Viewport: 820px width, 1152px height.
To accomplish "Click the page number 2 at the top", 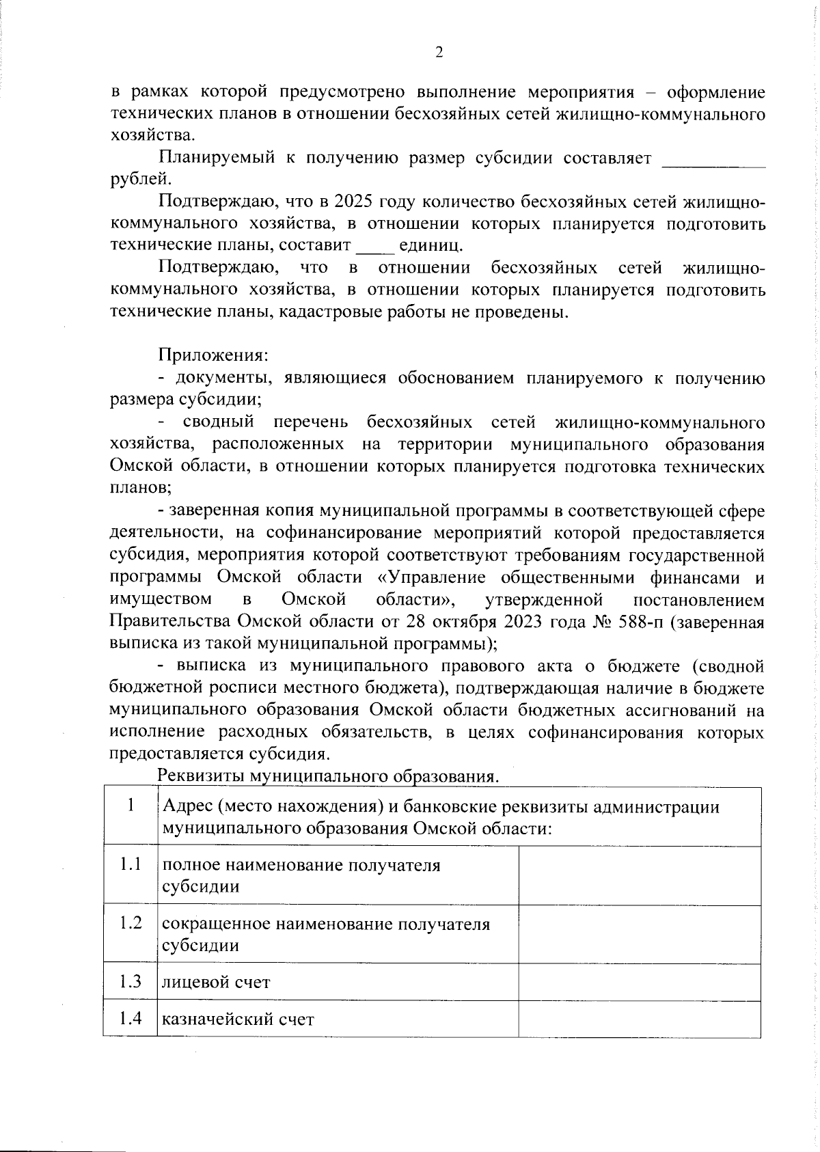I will click(439, 53).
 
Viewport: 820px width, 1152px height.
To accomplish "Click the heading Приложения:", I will click(213, 355).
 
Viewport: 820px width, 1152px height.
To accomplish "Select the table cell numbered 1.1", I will click(130, 864).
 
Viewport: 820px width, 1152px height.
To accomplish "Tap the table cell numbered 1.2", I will click(130, 923).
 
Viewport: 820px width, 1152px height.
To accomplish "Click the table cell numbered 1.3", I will click(130, 982).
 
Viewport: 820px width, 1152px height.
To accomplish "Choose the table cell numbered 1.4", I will click(130, 1019).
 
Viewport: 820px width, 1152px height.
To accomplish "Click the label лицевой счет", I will click(215, 983).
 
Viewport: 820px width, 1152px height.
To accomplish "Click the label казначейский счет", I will click(237, 1020).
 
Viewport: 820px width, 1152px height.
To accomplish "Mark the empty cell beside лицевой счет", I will click(640, 983).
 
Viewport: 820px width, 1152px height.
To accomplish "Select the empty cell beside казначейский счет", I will click(640, 1019).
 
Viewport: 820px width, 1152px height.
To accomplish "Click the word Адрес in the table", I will click(185, 807).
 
